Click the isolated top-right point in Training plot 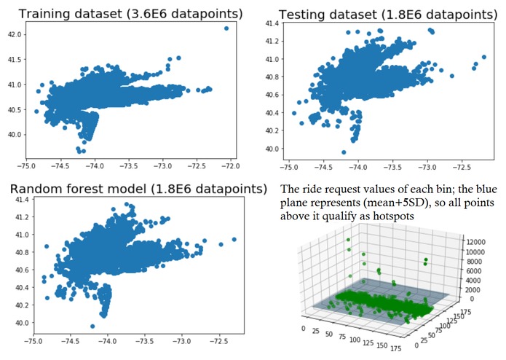pyautogui.click(x=226, y=28)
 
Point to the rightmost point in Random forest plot pyautogui.click(x=234, y=239)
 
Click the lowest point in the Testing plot pyautogui.click(x=344, y=152)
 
